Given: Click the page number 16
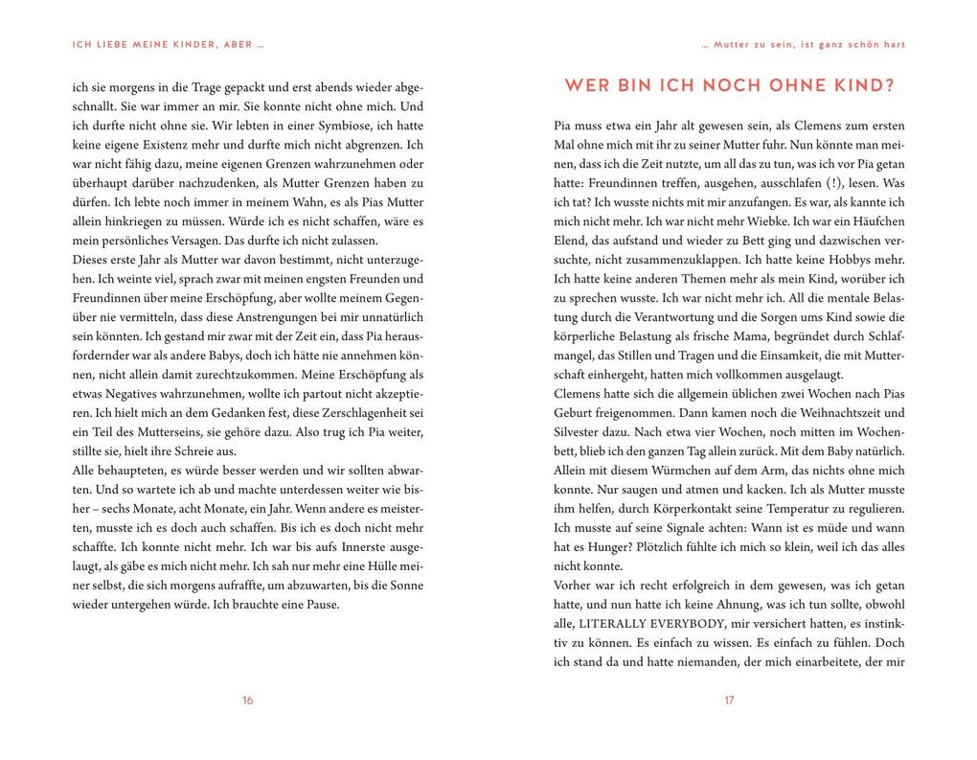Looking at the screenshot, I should click(x=247, y=701).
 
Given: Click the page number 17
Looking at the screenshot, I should click(x=729, y=701).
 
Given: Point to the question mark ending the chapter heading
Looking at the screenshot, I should click(x=890, y=86).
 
